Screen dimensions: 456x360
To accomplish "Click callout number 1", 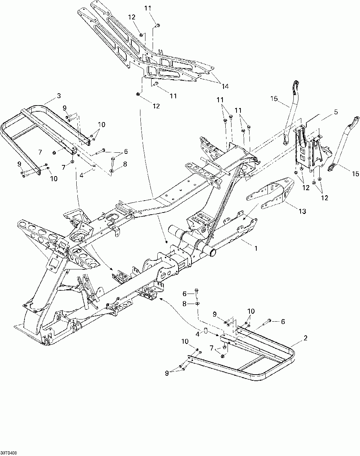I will [256, 249].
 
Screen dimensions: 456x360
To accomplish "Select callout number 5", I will [336, 112].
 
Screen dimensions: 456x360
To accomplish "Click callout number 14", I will [225, 86].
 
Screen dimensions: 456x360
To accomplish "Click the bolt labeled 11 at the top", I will [158, 26].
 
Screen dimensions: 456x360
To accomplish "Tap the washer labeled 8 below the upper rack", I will [112, 170].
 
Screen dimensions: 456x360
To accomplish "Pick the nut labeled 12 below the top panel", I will [138, 94].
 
